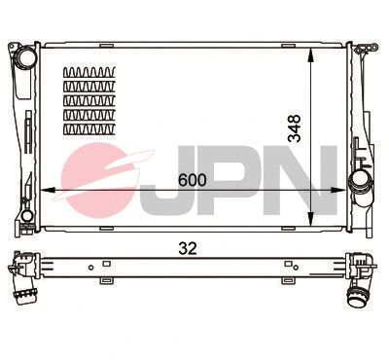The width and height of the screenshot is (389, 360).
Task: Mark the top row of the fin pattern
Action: pos(88,73)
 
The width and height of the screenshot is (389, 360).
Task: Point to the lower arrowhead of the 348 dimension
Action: pos(308,221)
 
